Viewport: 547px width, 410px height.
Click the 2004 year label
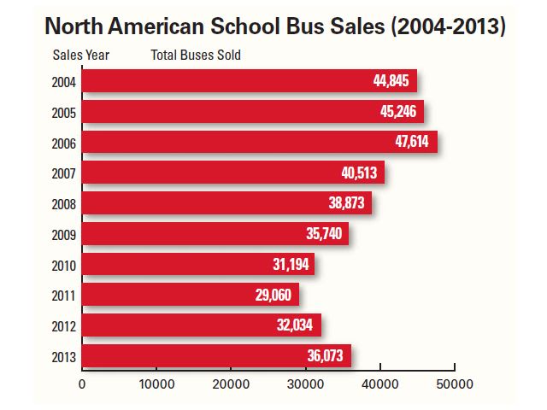click(63, 83)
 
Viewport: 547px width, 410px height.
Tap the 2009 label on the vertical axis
click(63, 235)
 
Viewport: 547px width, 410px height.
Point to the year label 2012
click(63, 326)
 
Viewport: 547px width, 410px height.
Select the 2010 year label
click(63, 266)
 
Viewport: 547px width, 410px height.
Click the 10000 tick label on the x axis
click(156, 384)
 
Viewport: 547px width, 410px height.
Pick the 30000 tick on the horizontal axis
click(305, 384)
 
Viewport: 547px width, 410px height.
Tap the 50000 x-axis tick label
click(454, 384)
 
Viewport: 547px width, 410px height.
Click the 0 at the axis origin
click(82, 384)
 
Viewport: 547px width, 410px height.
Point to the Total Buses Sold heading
click(196, 56)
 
